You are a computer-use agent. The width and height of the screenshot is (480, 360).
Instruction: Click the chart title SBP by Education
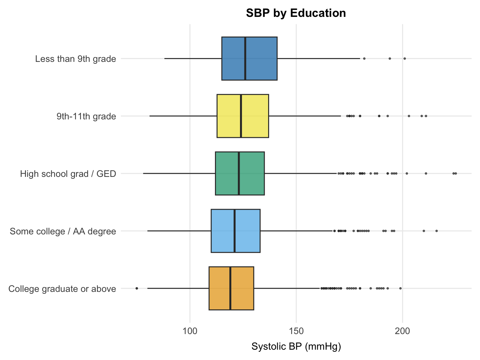(296, 13)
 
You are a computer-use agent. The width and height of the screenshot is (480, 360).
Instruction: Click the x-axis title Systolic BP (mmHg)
(296, 347)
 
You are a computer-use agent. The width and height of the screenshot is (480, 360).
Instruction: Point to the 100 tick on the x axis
(190, 330)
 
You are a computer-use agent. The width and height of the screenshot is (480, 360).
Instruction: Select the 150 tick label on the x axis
(296, 330)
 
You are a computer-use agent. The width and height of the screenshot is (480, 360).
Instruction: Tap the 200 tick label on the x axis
(402, 330)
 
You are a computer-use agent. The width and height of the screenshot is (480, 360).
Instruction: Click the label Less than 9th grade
(76, 59)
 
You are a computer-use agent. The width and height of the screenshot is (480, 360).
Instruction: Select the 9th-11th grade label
(86, 117)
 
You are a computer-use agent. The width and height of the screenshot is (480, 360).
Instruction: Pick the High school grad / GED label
(68, 174)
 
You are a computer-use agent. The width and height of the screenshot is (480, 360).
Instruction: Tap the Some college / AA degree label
(63, 232)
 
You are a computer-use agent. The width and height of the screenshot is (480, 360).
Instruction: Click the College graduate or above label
(62, 289)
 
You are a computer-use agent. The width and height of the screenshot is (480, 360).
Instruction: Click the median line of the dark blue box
(245, 58)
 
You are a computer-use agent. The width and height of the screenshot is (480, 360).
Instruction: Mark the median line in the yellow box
(241, 116)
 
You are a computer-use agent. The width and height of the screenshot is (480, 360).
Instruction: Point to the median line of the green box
(239, 173)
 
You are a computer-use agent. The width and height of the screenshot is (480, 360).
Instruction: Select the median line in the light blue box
(234, 231)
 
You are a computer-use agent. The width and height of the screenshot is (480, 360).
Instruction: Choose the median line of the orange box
(230, 288)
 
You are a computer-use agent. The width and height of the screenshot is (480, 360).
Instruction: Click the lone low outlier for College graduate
(137, 288)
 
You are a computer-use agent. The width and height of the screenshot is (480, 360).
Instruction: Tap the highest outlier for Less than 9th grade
(405, 58)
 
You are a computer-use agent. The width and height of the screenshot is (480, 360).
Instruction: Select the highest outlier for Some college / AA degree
(437, 231)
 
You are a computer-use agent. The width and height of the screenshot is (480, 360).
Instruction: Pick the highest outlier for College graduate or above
(400, 288)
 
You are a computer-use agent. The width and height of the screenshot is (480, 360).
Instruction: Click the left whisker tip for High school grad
(143, 173)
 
